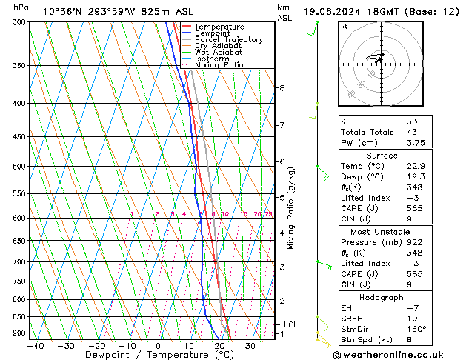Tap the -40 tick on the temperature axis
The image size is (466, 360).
point(35,345)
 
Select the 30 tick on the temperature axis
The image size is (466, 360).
point(250,345)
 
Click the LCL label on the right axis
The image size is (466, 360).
point(290,324)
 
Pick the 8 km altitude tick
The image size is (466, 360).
point(282,88)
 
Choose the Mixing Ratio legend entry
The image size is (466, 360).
point(219,65)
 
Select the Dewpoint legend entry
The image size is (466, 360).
point(212,33)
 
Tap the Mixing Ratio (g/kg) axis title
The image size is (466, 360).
point(291,207)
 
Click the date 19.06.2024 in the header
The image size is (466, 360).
point(334,12)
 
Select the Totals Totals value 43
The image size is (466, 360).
point(411,132)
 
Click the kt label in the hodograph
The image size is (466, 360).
point(344,26)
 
